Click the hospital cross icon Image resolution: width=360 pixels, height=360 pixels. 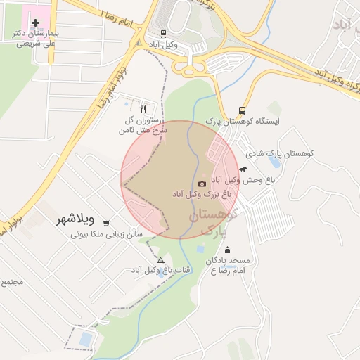pos(36,23)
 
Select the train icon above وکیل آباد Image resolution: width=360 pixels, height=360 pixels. pos(164,33)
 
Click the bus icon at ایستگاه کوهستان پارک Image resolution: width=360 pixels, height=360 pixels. pos(243,110)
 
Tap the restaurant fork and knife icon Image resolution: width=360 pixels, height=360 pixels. pos(143,109)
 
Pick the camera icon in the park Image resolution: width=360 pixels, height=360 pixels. pos(202,183)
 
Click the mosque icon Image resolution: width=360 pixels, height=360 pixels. pos(227,250)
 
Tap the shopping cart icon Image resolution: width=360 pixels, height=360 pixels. pos(106,223)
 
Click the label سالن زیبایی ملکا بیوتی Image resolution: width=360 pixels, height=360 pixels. pos(106,233)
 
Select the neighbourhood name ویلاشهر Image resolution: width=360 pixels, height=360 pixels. pos(77,219)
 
